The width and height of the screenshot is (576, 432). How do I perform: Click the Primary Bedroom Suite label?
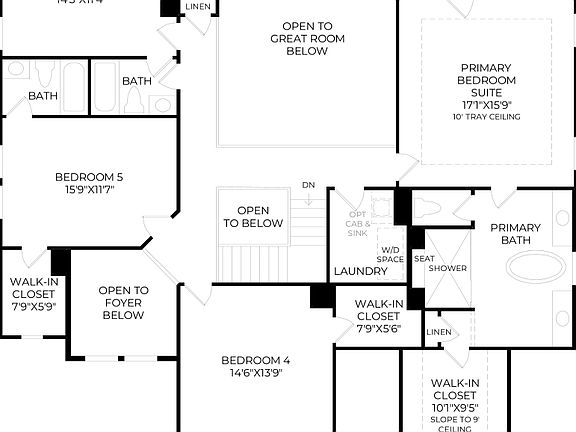(x=486, y=80)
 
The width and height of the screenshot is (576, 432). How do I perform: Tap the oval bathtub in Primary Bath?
(x=538, y=267)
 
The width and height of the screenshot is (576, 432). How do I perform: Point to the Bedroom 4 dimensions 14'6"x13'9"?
(x=255, y=373)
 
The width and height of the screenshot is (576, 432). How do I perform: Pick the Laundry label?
(x=360, y=271)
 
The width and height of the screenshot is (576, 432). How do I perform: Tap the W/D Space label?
(x=390, y=254)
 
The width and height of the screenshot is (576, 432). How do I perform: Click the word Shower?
(x=447, y=268)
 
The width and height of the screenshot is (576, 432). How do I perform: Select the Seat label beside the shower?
(x=423, y=258)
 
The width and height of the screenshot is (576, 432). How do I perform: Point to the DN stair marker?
(x=309, y=186)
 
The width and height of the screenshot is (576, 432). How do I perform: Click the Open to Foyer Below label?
(x=123, y=303)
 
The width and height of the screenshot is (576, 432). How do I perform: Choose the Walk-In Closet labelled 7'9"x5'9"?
(x=33, y=293)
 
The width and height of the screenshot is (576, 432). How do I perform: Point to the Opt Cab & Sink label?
(x=358, y=223)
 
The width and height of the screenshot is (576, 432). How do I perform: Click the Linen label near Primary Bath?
(x=438, y=332)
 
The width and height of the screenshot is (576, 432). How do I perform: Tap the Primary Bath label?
(x=515, y=234)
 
